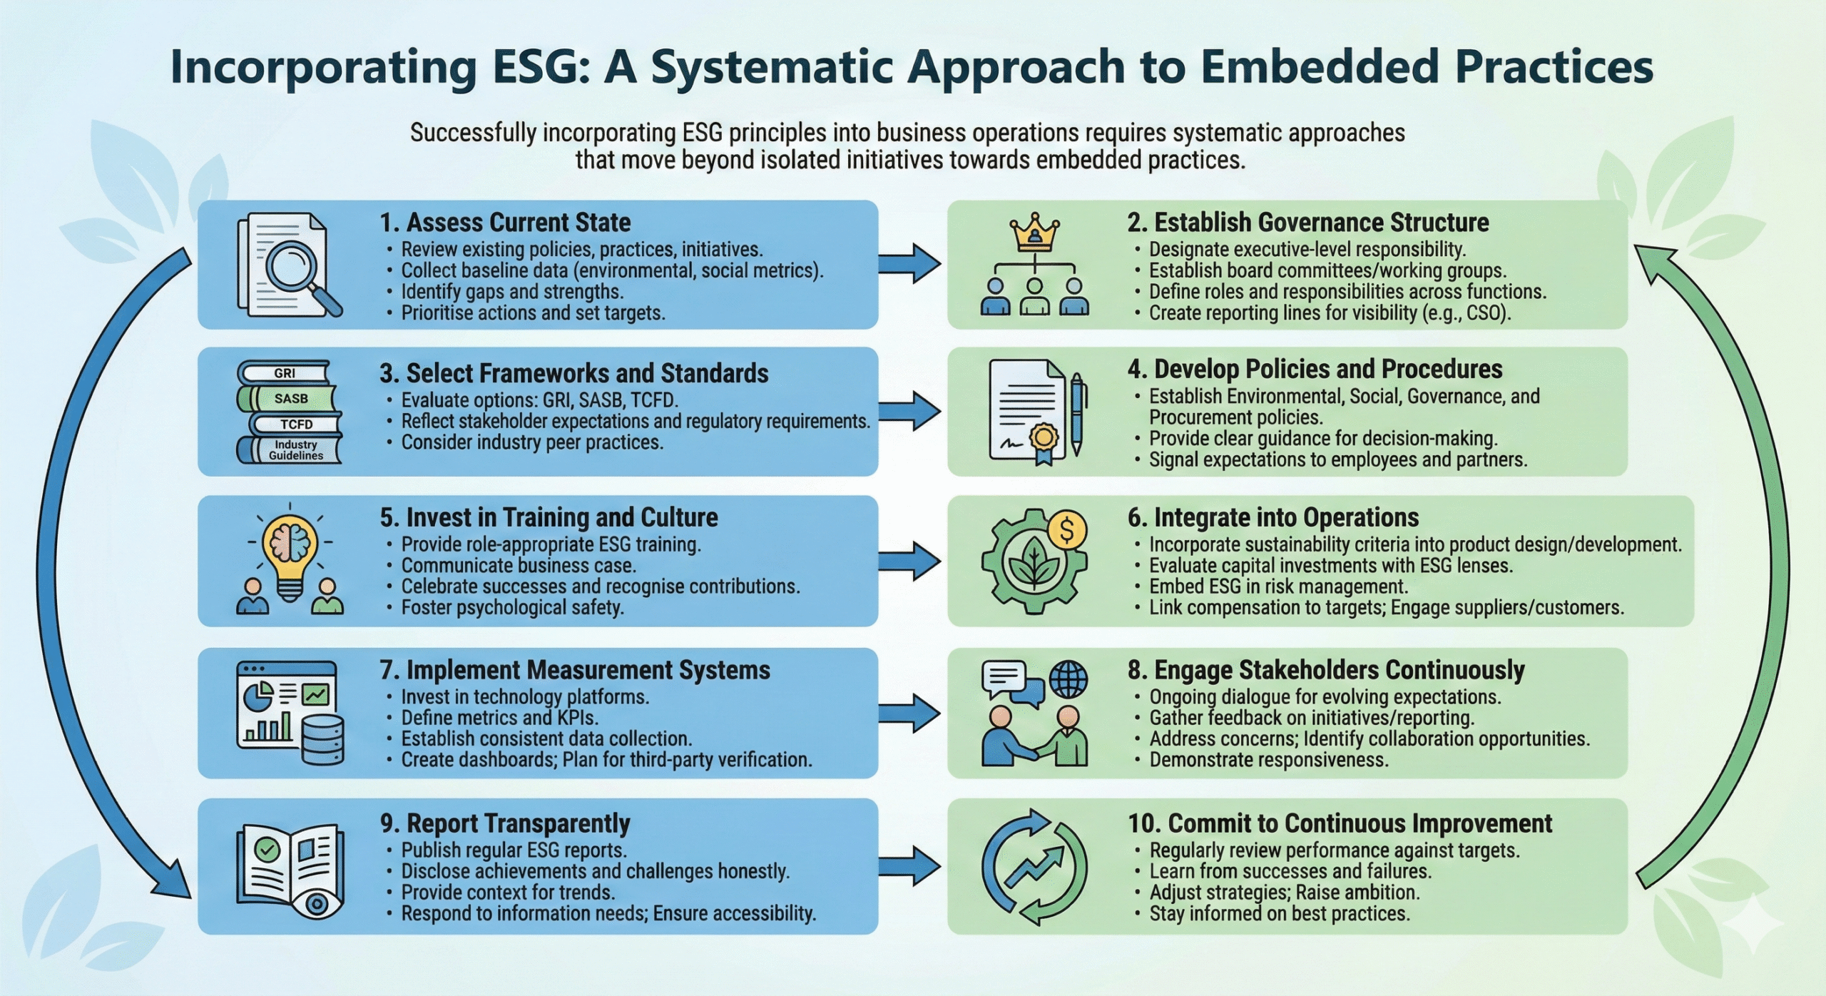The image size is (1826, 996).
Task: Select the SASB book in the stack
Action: (290, 398)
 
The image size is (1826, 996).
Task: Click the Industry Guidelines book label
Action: (294, 450)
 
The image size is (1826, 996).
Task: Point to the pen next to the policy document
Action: (1077, 412)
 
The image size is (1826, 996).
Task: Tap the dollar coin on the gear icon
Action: (1067, 530)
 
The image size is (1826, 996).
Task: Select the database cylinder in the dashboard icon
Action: (322, 741)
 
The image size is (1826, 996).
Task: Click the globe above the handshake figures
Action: (1068, 679)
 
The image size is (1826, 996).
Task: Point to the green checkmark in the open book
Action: (267, 849)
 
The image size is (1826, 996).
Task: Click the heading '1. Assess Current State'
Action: (505, 223)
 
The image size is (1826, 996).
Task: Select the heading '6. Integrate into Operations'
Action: (1273, 517)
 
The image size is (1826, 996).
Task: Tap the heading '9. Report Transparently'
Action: (505, 823)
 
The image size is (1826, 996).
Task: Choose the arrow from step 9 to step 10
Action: (910, 866)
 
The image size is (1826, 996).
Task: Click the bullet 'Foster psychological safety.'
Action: (512, 607)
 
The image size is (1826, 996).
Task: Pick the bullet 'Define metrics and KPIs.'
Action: (499, 717)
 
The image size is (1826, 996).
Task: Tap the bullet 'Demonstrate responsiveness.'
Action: (1269, 760)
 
